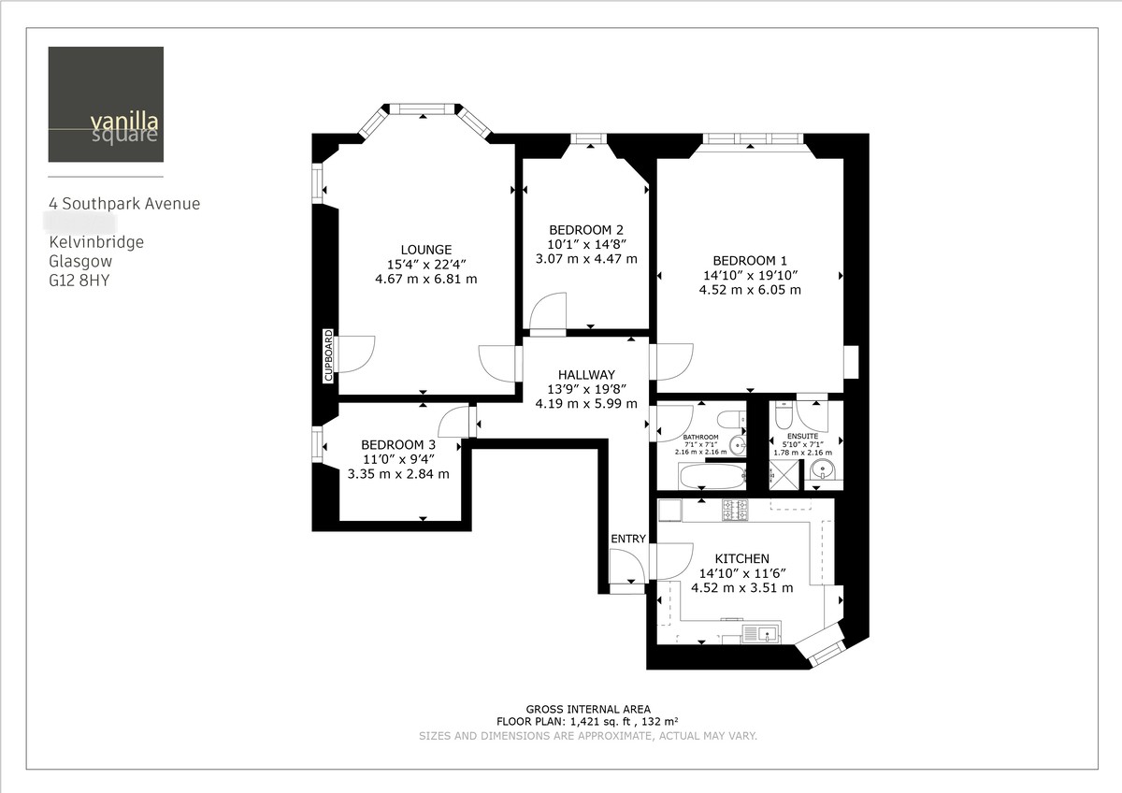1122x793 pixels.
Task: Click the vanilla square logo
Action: click(106, 104)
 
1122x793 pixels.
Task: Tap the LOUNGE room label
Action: click(425, 250)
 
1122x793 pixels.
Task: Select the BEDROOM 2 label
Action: click(585, 230)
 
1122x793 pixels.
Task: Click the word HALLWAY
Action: click(586, 374)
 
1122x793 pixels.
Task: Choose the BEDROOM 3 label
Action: click(398, 444)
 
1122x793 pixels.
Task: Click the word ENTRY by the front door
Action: click(627, 539)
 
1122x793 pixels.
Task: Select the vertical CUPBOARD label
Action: click(328, 355)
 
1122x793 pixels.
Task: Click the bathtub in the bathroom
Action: click(712, 477)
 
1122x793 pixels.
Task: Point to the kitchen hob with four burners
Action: click(735, 510)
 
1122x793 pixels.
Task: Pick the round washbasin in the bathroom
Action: click(737, 445)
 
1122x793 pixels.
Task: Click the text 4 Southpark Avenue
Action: click(124, 204)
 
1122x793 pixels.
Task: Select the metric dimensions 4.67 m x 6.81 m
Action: click(425, 279)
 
